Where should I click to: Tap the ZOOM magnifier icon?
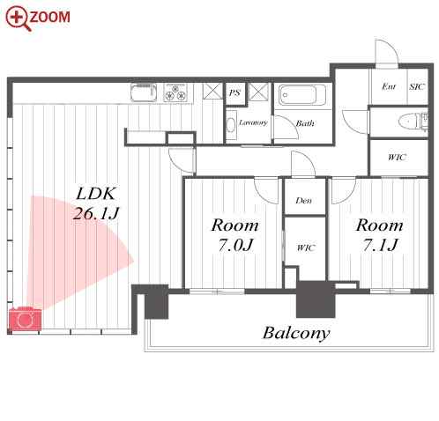19,18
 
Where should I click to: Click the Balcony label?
296,333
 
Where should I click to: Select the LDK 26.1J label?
96,203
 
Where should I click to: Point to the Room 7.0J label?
235,235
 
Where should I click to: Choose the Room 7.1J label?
380,235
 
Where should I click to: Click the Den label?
304,201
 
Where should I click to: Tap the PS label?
234,93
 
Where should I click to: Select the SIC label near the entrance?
417,87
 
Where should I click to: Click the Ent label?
389,86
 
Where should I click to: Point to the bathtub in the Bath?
302,95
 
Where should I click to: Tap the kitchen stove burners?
175,92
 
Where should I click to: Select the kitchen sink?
144,92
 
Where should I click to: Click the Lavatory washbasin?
232,125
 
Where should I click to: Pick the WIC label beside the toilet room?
397,158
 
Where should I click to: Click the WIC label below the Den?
306,248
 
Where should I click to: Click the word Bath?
305,123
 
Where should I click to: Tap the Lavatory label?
253,122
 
